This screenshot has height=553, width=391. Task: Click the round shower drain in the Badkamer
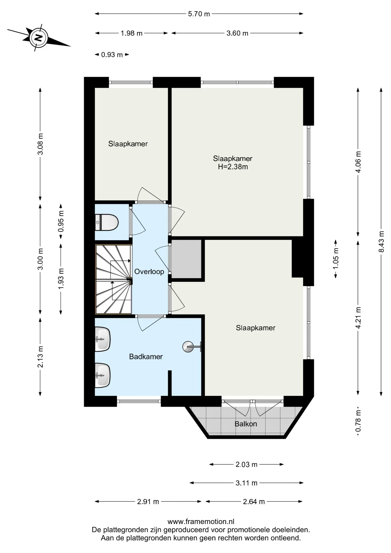tap(188, 347)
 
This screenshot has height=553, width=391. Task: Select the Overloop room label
tap(149, 272)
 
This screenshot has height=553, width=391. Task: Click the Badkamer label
tap(146, 357)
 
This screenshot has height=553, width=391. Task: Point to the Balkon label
tap(246, 424)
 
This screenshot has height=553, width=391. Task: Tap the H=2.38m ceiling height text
tap(233, 167)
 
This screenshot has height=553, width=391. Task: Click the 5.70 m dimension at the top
tap(199, 14)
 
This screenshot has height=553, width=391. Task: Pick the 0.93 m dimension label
tap(112, 55)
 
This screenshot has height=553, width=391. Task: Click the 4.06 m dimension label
tap(358, 162)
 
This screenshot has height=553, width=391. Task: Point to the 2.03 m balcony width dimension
tap(246, 464)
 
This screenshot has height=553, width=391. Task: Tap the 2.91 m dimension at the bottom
tap(148, 501)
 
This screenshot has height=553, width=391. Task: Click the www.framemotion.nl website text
tap(201, 521)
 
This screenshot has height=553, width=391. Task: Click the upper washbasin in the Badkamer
tap(103, 339)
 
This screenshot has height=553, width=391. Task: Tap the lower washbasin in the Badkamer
tap(103, 375)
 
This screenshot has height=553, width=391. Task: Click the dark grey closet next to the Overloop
tap(186, 259)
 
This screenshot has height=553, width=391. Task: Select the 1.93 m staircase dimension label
tap(61, 279)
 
